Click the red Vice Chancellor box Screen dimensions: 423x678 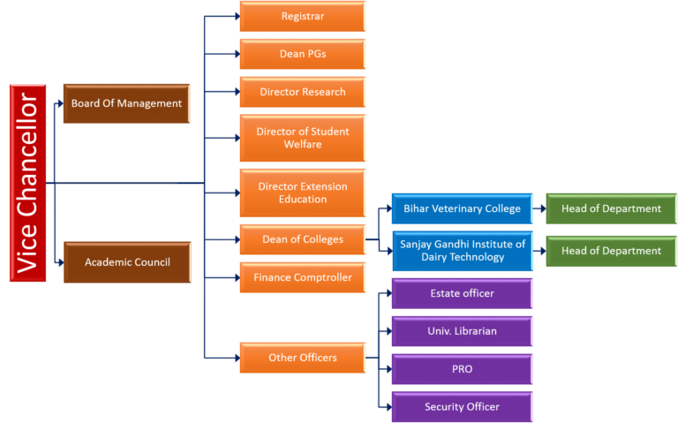click(x=27, y=182)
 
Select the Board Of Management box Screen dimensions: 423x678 click(x=126, y=103)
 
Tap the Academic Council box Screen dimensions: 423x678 click(x=126, y=262)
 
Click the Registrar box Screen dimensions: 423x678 click(x=302, y=17)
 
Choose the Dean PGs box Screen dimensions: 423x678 click(x=302, y=54)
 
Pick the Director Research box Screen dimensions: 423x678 click(x=302, y=92)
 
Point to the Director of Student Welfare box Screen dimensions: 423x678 click(x=302, y=138)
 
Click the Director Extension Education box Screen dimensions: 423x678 click(x=302, y=193)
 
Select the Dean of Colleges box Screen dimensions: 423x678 click(x=302, y=239)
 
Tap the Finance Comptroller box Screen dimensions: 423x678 click(x=302, y=277)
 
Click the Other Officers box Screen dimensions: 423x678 click(x=302, y=358)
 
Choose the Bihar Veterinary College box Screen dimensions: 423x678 click(x=462, y=209)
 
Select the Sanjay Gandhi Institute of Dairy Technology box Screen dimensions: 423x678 click(x=462, y=251)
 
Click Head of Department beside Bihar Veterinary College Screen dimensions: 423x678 click(x=611, y=209)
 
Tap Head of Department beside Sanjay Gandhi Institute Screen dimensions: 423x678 click(x=611, y=251)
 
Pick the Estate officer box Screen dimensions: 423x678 click(x=462, y=293)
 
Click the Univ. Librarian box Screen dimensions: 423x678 click(x=462, y=331)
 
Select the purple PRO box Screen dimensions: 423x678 click(x=462, y=369)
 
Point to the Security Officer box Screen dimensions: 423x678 click(x=462, y=407)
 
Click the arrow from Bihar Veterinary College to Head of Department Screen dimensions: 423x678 click(x=539, y=209)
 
